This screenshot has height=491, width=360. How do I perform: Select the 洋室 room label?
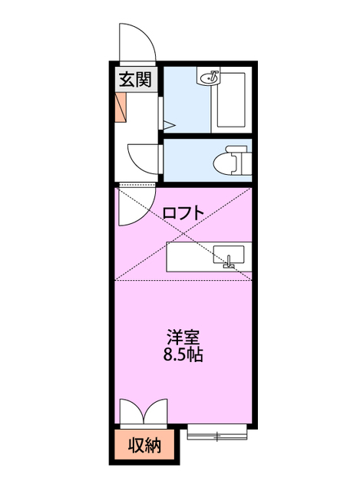pos(183,337)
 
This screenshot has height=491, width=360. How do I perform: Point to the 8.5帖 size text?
pos(183,356)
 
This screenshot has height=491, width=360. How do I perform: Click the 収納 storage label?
pos(144,446)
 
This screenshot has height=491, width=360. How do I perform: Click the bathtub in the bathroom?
pos(230,100)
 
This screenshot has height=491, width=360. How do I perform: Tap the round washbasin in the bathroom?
pos(211,77)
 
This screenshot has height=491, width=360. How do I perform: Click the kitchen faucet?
pos(228,265)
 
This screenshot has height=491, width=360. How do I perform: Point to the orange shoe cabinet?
pos(121,108)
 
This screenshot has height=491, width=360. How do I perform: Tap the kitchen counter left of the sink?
pos(188,255)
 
